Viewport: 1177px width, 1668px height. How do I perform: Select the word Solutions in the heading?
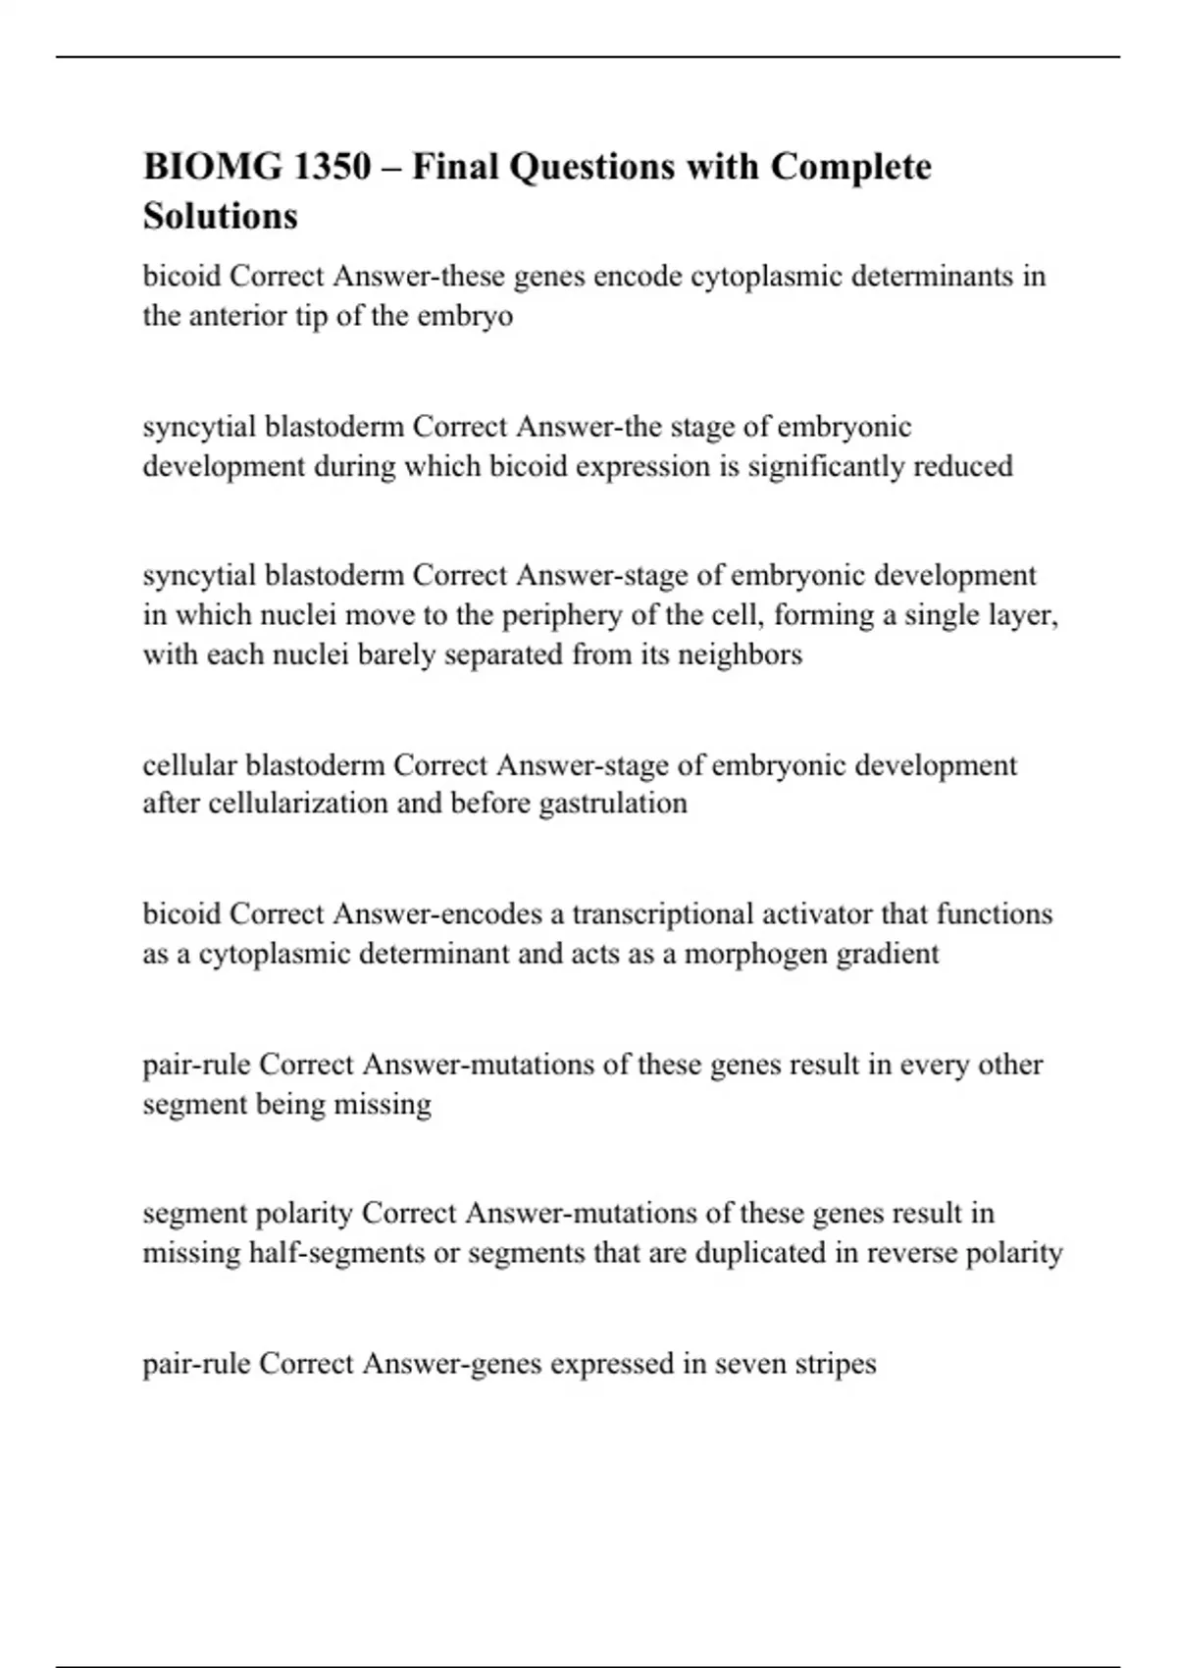[220, 216]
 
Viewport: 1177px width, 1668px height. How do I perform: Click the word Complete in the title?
[850, 167]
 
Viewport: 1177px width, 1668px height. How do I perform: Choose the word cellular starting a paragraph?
[189, 764]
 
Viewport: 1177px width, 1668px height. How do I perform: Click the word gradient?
[888, 954]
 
